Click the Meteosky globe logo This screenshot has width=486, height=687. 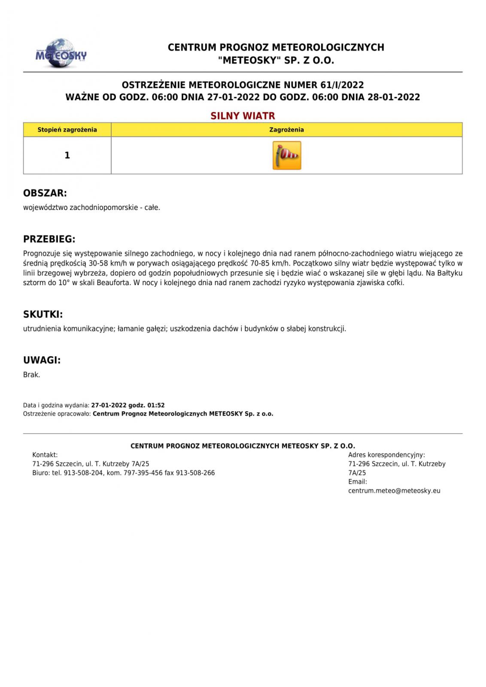(x=61, y=54)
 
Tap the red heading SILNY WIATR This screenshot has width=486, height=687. (x=243, y=116)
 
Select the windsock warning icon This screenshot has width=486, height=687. (x=287, y=155)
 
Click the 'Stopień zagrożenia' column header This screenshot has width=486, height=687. (x=67, y=130)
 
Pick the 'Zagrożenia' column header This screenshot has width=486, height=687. (x=286, y=130)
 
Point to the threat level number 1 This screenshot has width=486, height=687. (x=67, y=155)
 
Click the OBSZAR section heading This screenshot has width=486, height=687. (x=45, y=193)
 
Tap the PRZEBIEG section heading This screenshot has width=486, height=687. (x=49, y=239)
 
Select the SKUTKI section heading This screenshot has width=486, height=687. (x=43, y=314)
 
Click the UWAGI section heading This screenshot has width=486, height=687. (x=42, y=360)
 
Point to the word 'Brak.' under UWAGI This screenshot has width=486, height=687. (x=31, y=375)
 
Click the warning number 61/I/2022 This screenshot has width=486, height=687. (x=342, y=85)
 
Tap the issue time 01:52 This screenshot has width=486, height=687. (x=156, y=405)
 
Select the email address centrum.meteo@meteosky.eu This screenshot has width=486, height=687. (x=394, y=491)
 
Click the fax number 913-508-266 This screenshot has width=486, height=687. (x=195, y=473)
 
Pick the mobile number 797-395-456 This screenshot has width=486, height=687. (x=143, y=473)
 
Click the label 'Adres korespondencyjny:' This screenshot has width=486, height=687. (x=386, y=455)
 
